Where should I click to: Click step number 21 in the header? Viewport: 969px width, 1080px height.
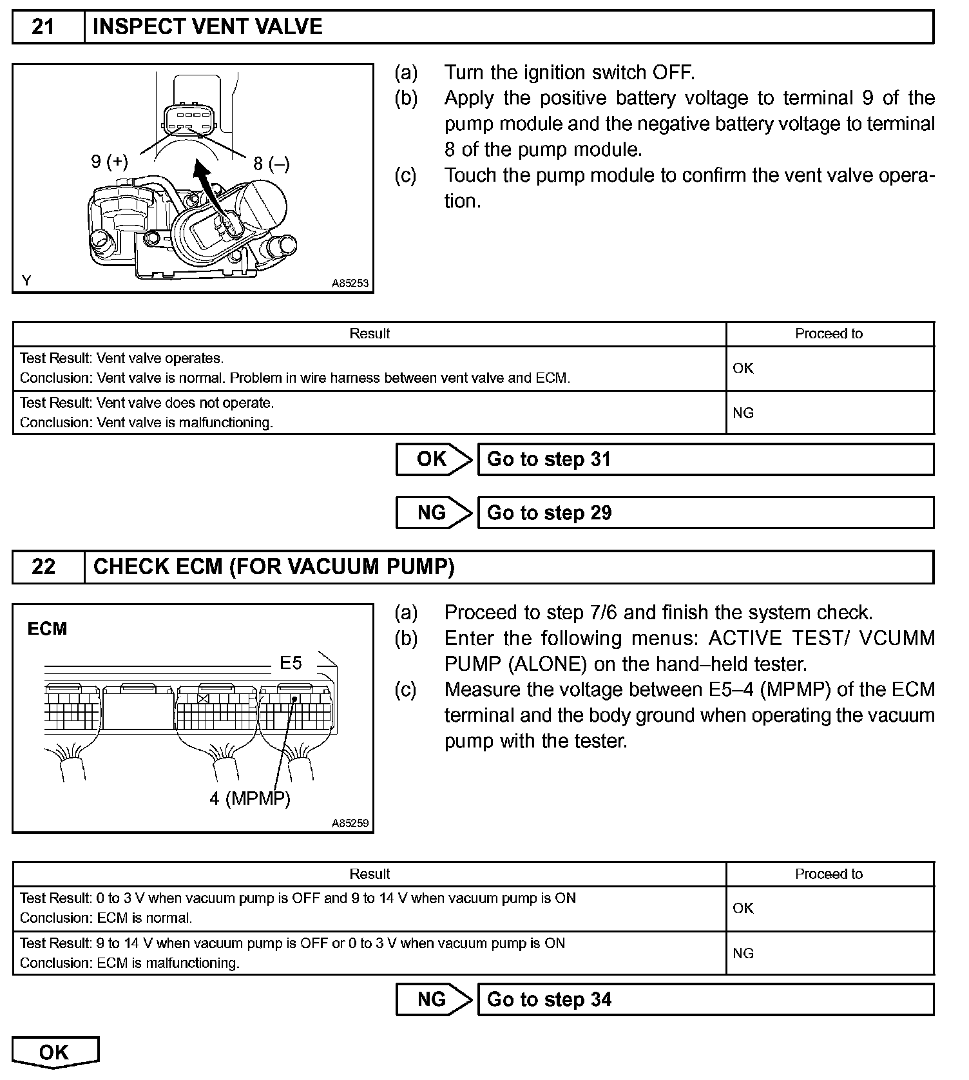43,27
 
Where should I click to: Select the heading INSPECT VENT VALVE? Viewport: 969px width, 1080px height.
207,27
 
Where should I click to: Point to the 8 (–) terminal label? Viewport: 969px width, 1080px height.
271,164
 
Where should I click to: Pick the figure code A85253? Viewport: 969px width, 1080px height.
350,283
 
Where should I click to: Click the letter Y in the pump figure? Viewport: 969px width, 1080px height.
26,281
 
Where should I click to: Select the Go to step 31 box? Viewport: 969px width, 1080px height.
705,459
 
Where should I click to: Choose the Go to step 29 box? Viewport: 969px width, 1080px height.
705,513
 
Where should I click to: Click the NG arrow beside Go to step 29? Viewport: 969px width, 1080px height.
433,513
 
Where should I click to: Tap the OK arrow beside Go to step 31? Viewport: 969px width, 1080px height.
433,459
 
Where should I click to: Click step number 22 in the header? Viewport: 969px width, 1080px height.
43,567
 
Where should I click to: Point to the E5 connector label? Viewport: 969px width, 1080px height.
291,663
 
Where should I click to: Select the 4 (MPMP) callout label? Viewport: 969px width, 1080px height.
250,799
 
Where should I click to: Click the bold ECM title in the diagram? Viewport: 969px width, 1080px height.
47,629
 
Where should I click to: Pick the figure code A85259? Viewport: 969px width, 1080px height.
350,823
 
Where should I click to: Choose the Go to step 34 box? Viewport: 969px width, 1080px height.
705,999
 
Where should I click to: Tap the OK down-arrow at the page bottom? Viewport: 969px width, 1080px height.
55,1053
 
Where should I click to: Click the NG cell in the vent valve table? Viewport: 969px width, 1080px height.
744,413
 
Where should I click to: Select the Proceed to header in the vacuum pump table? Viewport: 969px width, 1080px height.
829,874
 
